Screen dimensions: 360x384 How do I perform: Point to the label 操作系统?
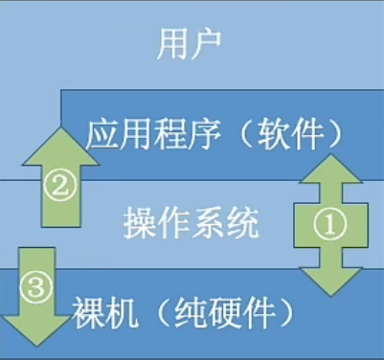point(192,225)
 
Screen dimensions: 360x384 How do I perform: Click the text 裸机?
point(101,311)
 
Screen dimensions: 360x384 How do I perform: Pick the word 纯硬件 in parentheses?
point(229,311)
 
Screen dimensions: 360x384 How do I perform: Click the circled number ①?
point(328,225)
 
